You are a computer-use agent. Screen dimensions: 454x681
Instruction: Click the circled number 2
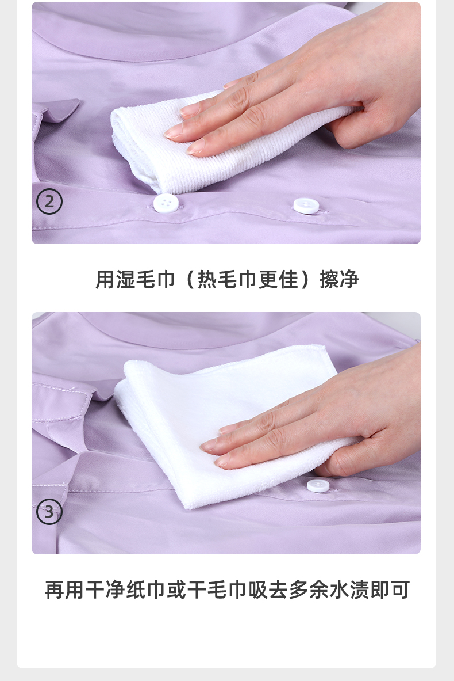pyautogui.click(x=49, y=202)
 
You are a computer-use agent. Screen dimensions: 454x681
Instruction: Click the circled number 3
pyautogui.click(x=49, y=512)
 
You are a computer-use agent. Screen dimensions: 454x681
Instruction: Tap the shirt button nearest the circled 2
pyautogui.click(x=166, y=203)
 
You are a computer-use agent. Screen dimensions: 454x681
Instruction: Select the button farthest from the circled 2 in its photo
pyautogui.click(x=306, y=206)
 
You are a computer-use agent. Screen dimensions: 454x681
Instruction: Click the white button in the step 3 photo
pyautogui.click(x=318, y=485)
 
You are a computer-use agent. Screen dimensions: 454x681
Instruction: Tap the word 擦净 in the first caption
pyautogui.click(x=339, y=279)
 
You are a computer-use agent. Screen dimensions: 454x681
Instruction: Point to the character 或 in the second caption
pyautogui.click(x=176, y=589)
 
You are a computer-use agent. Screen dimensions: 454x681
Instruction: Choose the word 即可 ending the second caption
pyautogui.click(x=390, y=589)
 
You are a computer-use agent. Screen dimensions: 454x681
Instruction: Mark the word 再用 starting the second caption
pyautogui.click(x=64, y=589)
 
